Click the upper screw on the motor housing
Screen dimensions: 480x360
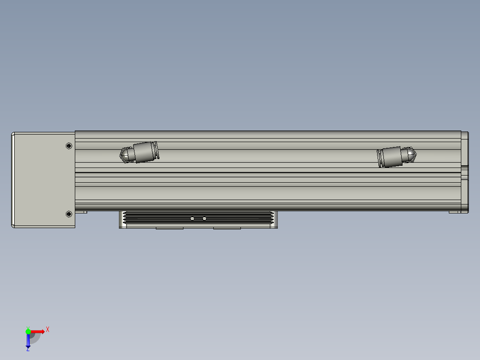[x=69, y=146]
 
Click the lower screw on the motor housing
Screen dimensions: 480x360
[x=69, y=214]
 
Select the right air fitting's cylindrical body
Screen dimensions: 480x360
[x=389, y=157]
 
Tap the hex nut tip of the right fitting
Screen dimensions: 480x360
[x=410, y=155]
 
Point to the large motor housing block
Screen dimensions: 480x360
[x=43, y=180]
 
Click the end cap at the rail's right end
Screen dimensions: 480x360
[x=465, y=172]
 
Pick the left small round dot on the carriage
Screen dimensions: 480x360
[x=192, y=218]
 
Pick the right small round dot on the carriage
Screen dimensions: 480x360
[x=204, y=218]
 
